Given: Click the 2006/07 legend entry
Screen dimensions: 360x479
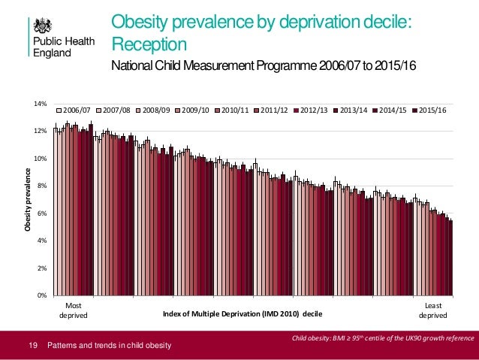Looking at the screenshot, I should click(x=78, y=110).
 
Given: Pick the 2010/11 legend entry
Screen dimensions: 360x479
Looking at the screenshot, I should click(x=235, y=110).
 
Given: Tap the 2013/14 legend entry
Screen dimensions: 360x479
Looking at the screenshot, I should click(x=353, y=110).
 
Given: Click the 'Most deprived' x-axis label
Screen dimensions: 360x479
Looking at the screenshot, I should click(x=73, y=311).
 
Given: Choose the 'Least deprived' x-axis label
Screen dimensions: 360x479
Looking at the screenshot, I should click(x=428, y=311).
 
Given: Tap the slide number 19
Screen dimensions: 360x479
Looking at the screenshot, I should click(x=32, y=346).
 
